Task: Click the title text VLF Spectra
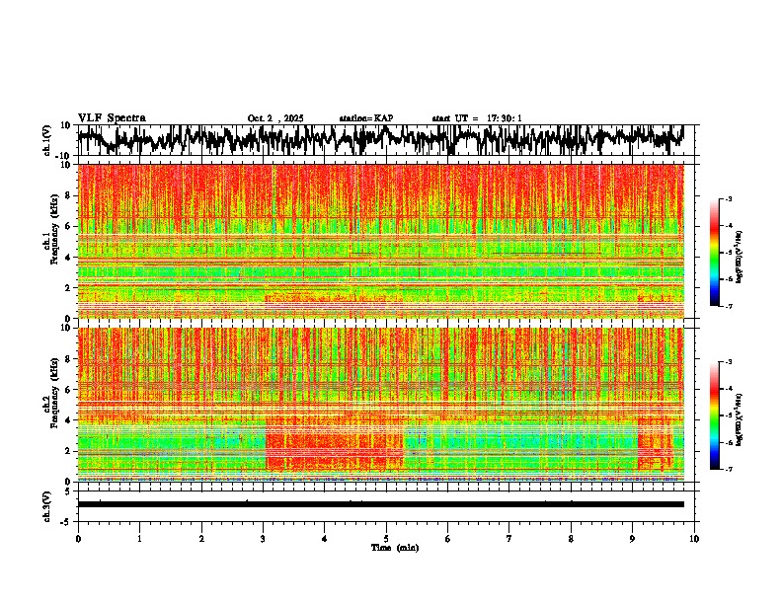coord(112,117)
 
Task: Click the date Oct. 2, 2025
coord(275,118)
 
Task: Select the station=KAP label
coord(365,118)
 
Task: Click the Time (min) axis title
coord(394,547)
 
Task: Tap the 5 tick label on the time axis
coord(386,538)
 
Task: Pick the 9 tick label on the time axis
coord(633,538)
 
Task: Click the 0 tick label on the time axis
coord(78,538)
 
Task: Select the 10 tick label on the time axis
coord(694,538)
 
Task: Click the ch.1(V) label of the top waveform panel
coord(47,141)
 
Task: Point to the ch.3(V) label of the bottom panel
coord(47,504)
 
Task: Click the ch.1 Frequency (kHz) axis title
coord(47,241)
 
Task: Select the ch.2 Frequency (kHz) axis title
coord(47,404)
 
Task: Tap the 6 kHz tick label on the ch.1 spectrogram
coord(69,226)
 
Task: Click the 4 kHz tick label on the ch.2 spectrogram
coord(69,419)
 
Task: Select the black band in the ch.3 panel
coord(380,504)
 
